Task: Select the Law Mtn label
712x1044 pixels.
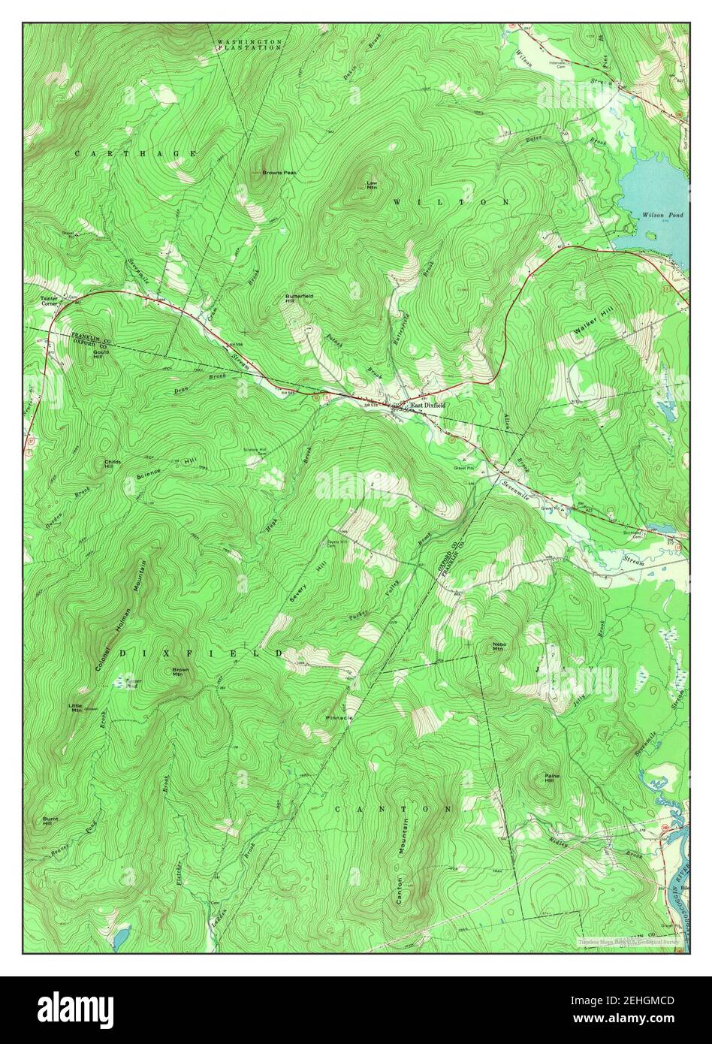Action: pyautogui.click(x=371, y=185)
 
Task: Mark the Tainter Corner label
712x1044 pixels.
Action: pyautogui.click(x=49, y=301)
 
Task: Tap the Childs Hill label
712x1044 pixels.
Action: pyautogui.click(x=112, y=464)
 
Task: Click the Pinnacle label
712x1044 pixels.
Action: pyautogui.click(x=339, y=718)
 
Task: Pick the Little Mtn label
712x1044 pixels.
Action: pyautogui.click(x=76, y=708)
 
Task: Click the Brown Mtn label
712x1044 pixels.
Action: pyautogui.click(x=180, y=671)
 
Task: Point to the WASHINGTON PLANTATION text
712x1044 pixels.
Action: pyautogui.click(x=249, y=44)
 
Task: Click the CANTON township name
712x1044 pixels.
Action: pyautogui.click(x=393, y=809)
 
